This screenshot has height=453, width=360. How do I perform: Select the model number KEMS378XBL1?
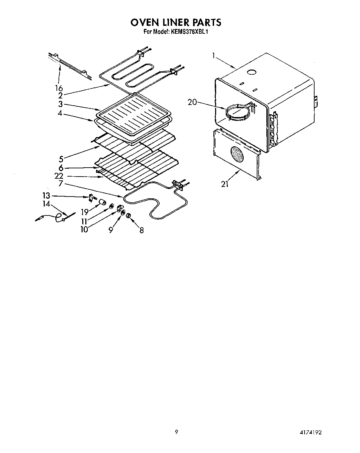coord(190,32)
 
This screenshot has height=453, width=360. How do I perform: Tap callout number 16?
coord(59,88)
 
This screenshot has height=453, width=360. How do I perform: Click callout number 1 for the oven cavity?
coord(214,55)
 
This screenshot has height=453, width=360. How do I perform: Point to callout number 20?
coord(192,102)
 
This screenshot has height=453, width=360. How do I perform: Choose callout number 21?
coord(225,184)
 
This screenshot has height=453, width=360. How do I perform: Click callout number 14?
coord(46,204)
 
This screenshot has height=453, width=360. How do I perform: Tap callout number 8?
coord(141,230)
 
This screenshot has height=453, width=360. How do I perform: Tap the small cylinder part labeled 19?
coord(102,202)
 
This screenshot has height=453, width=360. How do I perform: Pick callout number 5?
coord(61,159)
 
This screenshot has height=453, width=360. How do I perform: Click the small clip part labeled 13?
coord(92,198)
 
